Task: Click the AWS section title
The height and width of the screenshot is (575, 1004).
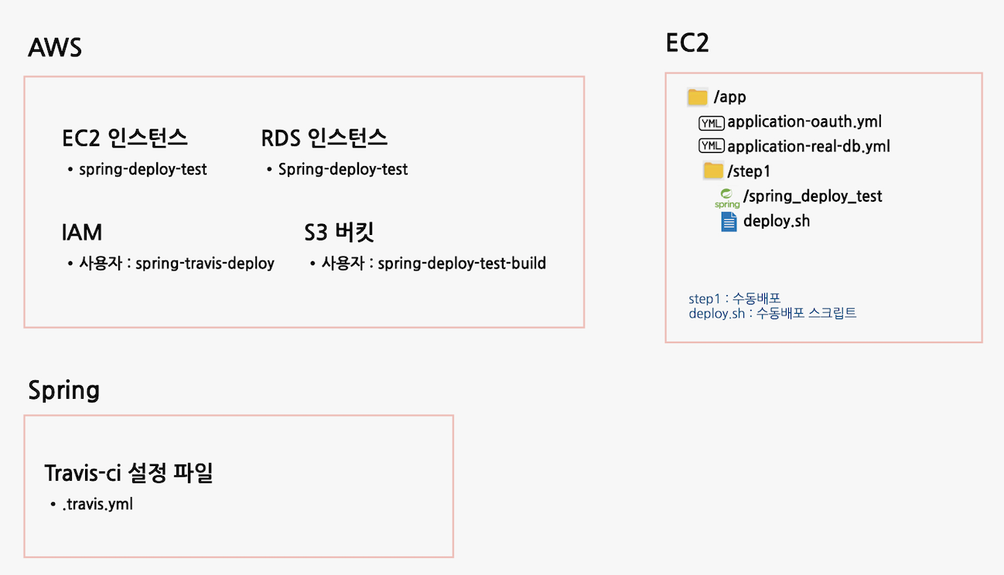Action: point(55,48)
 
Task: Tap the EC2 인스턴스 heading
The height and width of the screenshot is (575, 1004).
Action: point(125,138)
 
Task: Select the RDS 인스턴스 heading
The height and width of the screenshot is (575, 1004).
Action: point(324,138)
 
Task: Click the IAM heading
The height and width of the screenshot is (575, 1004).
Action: point(81,233)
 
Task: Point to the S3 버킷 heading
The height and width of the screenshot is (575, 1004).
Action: point(340,233)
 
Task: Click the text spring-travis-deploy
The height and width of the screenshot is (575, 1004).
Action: point(205,264)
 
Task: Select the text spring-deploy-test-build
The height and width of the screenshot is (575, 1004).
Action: point(462,264)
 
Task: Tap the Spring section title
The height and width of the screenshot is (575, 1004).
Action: point(63,390)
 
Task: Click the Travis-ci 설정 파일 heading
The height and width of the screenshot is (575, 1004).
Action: point(128,473)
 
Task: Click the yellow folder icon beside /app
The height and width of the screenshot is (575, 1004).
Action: point(698,97)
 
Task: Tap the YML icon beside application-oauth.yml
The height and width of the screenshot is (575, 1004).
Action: point(711,122)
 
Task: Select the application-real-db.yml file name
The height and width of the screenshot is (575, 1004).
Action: point(808,147)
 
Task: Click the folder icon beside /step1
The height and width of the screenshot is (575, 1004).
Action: point(712,171)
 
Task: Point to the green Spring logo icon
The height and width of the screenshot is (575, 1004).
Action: point(727,198)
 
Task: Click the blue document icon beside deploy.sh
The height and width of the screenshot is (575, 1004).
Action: point(729,222)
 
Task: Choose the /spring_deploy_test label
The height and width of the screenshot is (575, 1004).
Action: point(812,196)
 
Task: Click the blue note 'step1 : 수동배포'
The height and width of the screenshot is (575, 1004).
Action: point(734,299)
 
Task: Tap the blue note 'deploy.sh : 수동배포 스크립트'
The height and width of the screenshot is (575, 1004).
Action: point(772,314)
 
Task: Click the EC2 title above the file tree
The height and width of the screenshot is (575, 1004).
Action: point(687,43)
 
